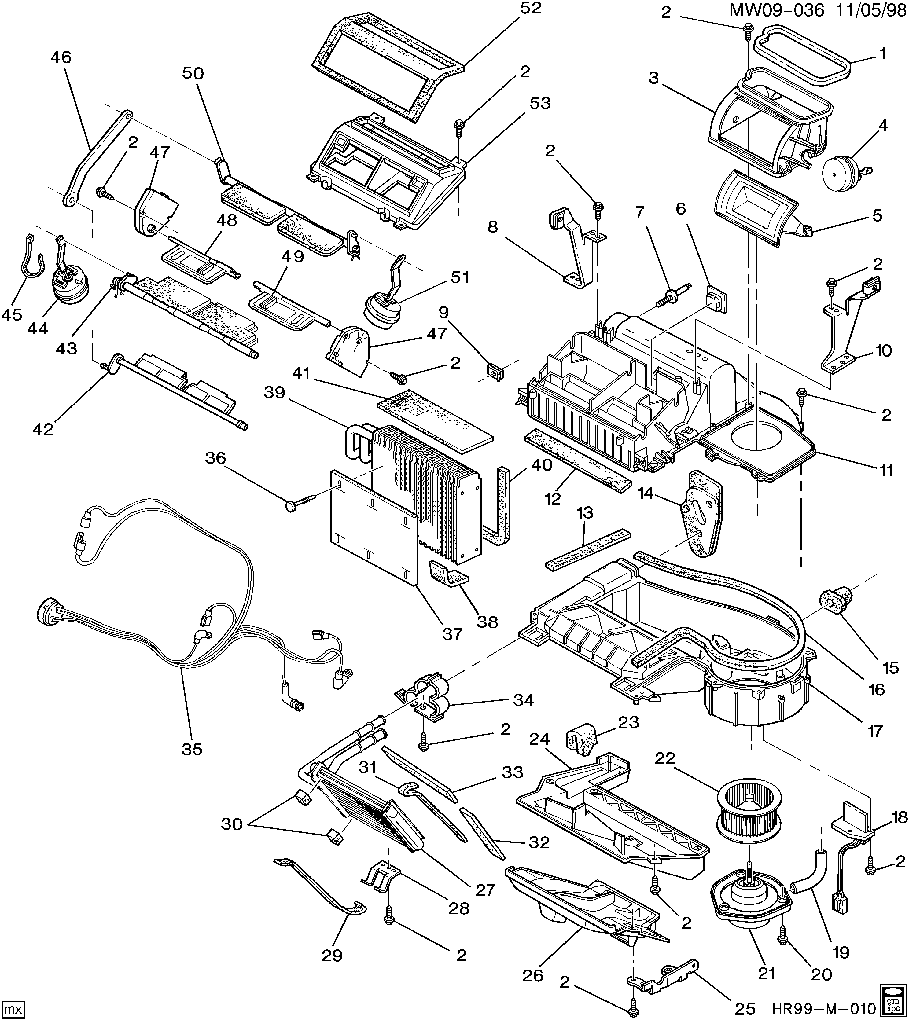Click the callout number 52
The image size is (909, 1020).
click(529, 9)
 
